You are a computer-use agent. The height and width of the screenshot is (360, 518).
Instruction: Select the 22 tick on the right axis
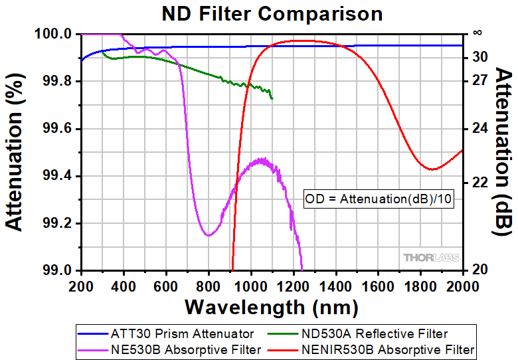click(x=479, y=182)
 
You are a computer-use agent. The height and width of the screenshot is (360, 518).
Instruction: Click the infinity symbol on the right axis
click(x=477, y=32)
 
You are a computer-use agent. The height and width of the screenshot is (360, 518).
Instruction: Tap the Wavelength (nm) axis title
click(x=271, y=308)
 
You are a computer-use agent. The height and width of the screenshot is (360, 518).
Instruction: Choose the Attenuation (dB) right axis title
click(x=503, y=151)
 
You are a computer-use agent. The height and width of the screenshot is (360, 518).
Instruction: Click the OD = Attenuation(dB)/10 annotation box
click(x=378, y=198)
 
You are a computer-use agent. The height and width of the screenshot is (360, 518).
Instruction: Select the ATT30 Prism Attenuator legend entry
click(x=165, y=333)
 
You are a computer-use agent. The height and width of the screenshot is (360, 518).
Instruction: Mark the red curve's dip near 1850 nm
click(x=432, y=169)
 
